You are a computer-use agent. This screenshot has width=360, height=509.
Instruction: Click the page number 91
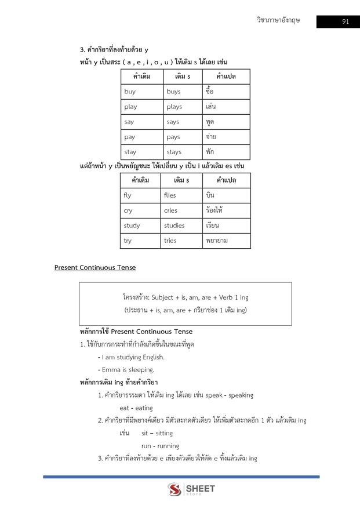click(345, 22)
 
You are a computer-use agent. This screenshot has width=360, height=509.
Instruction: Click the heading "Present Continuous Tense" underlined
click(94, 267)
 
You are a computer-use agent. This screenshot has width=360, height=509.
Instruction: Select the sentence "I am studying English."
click(133, 357)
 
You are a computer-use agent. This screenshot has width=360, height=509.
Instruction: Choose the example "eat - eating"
click(132, 408)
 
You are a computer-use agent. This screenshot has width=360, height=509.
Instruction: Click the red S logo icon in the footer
click(174, 490)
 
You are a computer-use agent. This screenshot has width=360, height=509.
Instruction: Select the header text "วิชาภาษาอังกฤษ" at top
click(278, 21)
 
